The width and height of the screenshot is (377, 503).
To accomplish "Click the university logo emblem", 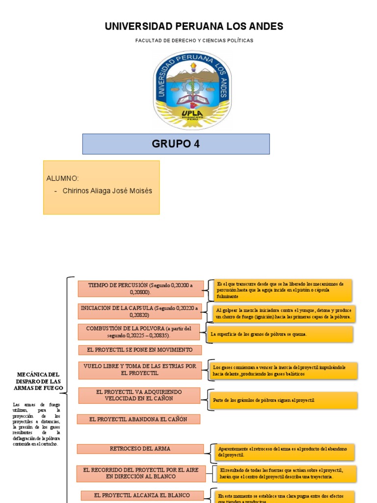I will pos(192,90).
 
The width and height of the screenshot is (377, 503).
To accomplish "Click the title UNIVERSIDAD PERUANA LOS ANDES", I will pos(194,27).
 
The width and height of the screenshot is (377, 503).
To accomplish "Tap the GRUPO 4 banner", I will pos(176,144).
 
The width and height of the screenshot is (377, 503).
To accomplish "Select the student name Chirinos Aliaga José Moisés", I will pos(108,191).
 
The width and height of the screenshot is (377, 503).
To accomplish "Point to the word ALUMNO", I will pos(62,178).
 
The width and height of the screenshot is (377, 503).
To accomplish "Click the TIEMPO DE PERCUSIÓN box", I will pos(140,289).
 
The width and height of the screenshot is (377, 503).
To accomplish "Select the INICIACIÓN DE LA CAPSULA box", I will pos(140,311).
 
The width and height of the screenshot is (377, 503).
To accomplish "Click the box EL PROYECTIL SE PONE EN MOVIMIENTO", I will pos(140,350).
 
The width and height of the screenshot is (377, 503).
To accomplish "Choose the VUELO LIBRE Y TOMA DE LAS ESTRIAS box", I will pos(140,370).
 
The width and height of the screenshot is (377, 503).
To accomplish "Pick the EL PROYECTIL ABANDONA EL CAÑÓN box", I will pos(139,419).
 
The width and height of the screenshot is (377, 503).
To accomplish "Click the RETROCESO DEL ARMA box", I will pos(140,449).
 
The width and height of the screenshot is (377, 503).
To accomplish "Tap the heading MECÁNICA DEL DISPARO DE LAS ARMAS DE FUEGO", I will pos(39,381).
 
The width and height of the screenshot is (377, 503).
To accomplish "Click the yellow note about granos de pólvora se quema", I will pos(280,334).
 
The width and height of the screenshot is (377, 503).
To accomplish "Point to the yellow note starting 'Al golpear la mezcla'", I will pos(284,313).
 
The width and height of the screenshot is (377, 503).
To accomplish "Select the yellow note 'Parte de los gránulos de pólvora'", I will pos(283,400).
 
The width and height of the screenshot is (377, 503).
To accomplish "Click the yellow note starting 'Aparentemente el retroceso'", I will pos(285,452).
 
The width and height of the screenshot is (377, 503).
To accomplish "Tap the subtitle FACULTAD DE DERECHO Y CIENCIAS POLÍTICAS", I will pos(194,40).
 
